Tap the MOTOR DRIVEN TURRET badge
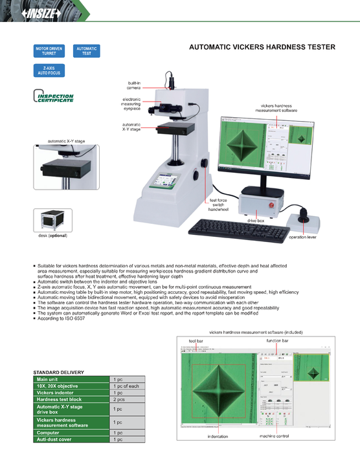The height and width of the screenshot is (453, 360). [51, 50]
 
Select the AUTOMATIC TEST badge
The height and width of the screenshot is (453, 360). [87, 50]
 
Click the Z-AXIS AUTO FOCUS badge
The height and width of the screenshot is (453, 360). [51, 71]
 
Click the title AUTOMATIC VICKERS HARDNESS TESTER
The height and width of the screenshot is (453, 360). [262, 47]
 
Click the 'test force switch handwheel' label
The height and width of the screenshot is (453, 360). [218, 205]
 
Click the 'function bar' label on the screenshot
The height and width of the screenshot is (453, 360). [278, 340]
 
